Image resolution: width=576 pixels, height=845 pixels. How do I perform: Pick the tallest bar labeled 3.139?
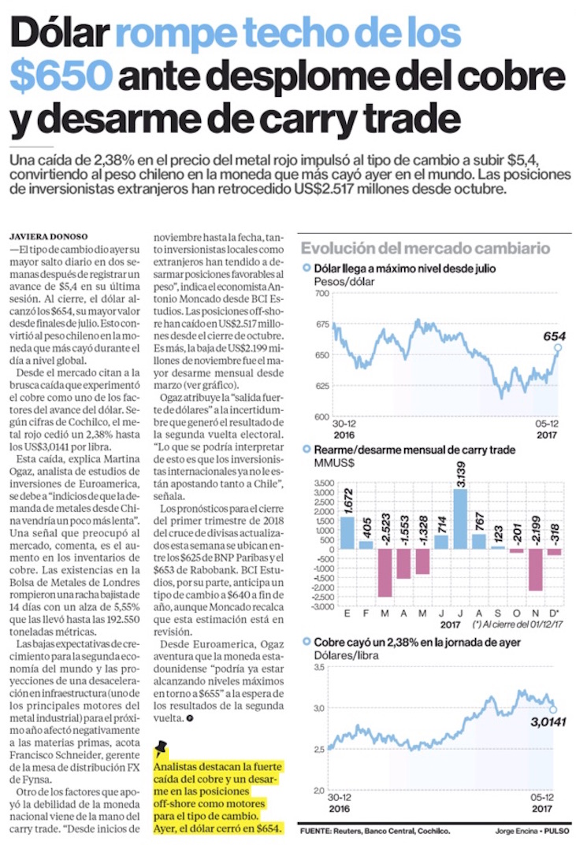coord(461,518)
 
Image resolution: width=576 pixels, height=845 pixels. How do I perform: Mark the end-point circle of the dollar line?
coord(558,347)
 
